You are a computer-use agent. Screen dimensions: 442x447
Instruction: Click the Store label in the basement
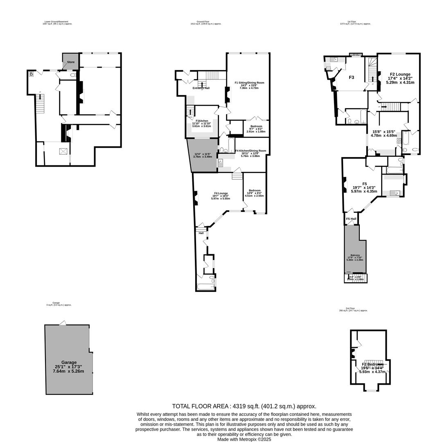click(x=71, y=62)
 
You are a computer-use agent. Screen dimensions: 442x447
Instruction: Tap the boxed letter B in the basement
click(x=31, y=74)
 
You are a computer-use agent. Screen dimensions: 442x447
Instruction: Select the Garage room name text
click(x=69, y=363)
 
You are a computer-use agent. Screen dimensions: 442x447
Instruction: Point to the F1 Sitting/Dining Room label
click(x=249, y=83)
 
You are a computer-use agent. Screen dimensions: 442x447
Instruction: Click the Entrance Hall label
click(x=201, y=88)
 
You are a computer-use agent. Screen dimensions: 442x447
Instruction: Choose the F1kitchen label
click(x=202, y=121)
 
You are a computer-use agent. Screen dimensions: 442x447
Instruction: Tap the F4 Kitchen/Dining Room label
click(x=251, y=151)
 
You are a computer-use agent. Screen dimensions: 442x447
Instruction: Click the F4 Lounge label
click(x=221, y=193)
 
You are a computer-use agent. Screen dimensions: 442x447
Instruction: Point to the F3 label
click(x=351, y=77)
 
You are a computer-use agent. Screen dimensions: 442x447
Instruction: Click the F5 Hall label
click(x=351, y=219)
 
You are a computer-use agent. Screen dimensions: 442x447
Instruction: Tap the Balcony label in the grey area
click(x=355, y=255)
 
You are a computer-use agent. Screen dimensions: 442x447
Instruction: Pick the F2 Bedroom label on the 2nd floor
click(x=372, y=364)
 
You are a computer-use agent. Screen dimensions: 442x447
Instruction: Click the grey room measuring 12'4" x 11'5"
click(x=202, y=156)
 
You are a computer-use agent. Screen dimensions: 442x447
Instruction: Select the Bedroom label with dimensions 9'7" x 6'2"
click(x=256, y=126)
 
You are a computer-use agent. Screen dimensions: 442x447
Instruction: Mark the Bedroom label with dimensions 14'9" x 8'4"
click(x=255, y=190)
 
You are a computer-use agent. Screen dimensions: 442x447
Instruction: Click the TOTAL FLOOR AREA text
click(x=244, y=406)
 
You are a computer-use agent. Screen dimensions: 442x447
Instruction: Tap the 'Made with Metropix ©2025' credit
click(x=244, y=439)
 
